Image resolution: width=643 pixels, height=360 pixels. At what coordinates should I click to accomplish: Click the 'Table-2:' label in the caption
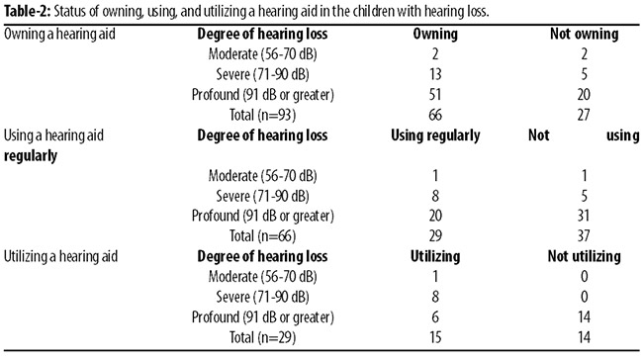click(28, 11)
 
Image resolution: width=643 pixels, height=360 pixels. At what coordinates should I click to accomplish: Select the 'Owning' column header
click(435, 34)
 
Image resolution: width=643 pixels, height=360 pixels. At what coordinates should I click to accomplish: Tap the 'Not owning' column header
click(584, 34)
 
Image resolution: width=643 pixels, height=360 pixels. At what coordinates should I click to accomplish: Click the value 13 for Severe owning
click(435, 74)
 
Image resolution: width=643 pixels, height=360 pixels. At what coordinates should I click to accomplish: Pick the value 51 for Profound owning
click(435, 94)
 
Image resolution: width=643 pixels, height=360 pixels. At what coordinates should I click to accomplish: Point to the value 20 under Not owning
click(584, 94)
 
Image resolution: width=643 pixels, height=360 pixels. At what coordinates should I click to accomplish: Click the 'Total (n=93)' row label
click(262, 115)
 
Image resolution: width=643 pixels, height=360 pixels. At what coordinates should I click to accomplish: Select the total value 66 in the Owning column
click(435, 115)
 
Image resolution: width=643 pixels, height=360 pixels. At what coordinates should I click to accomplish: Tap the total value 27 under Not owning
click(584, 115)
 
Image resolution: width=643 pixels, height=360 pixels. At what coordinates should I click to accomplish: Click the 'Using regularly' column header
click(435, 135)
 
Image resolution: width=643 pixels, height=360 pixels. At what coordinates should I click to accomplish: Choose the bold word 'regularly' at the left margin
click(31, 156)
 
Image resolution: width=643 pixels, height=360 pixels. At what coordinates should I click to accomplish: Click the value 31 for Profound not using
click(584, 216)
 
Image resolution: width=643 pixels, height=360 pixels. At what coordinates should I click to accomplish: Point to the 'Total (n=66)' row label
click(262, 236)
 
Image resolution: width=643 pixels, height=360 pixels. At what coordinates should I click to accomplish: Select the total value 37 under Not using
click(584, 235)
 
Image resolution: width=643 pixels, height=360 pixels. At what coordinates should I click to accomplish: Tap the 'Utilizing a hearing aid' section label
click(60, 257)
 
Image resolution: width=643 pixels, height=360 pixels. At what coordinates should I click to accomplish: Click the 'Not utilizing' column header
click(584, 257)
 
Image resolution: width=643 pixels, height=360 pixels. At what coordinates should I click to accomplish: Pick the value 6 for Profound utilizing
click(435, 316)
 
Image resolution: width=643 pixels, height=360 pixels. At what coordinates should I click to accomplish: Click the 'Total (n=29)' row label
click(262, 337)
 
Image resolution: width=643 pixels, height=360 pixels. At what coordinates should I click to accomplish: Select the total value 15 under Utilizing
click(435, 337)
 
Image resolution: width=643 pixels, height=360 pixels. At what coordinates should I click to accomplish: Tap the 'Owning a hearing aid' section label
click(59, 34)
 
